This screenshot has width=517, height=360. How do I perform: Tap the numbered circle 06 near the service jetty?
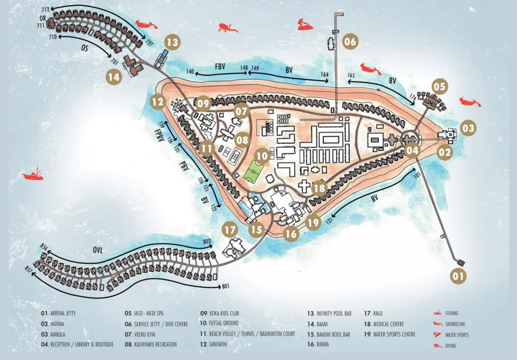point(350,42)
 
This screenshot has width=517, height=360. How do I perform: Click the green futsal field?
point(253,172)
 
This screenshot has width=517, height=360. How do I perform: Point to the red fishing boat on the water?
point(33,173)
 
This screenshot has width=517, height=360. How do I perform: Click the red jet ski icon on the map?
point(305,25)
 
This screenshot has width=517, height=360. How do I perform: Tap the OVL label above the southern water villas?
point(98,250)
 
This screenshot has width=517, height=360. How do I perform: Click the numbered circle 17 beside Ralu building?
point(231,230)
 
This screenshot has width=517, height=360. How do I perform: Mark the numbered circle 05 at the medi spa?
point(439,87)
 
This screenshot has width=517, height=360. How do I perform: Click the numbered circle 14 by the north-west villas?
point(114,77)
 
